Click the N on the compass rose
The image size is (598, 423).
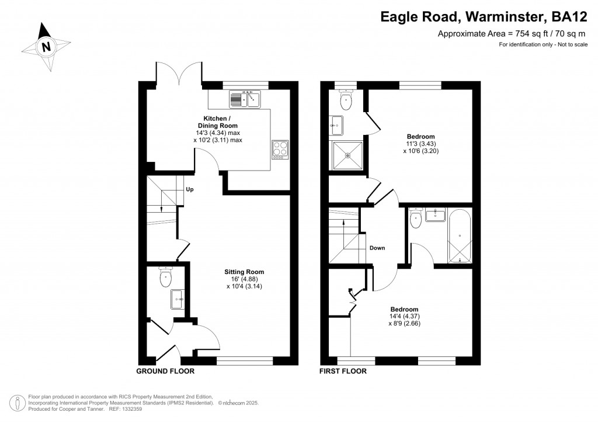[46, 47]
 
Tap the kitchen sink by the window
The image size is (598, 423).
[245, 99]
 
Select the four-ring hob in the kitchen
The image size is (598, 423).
[280, 150]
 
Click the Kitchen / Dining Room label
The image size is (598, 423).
[218, 122]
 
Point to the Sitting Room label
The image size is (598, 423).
[244, 272]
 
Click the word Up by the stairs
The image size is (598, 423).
[190, 189]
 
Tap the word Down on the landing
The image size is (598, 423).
[377, 248]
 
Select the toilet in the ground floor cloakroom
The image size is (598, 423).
[166, 276]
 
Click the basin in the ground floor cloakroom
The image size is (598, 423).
[178, 299]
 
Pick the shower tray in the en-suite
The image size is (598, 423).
[347, 155]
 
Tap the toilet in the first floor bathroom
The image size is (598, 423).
[415, 217]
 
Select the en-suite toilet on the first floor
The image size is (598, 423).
[346, 99]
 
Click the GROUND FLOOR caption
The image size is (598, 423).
[165, 371]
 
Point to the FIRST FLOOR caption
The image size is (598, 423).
[343, 371]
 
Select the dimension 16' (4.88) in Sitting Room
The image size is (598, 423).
[244, 279]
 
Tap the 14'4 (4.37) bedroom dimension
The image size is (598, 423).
[404, 316]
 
